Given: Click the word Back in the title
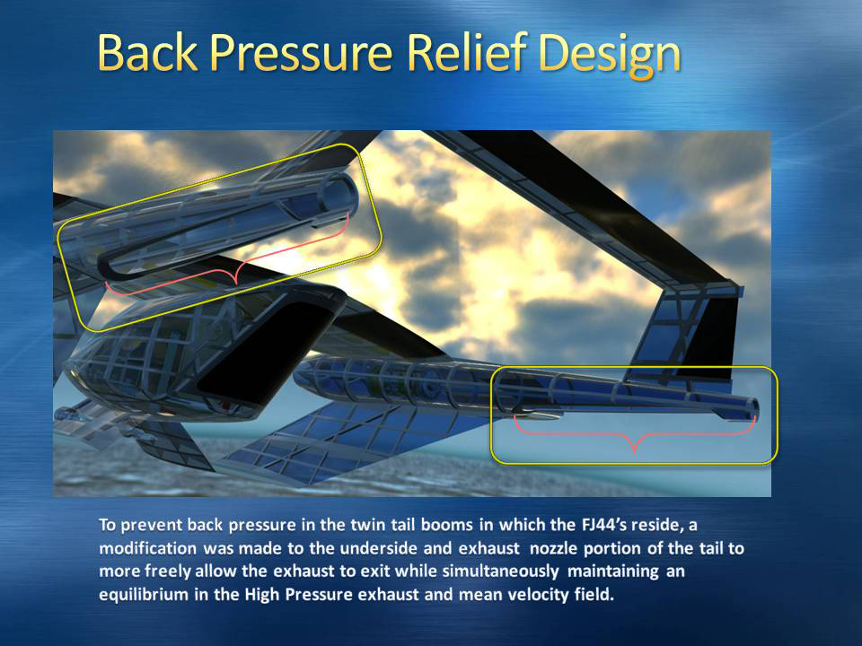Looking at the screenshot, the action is coord(147,52).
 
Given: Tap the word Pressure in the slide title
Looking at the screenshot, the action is coord(302,52).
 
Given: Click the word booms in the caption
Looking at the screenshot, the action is coord(446,525).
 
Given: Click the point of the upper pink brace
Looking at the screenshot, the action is coord(236,283).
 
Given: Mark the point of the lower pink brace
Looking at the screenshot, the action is coord(635,451).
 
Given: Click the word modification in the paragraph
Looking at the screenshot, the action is coord(147,548).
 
